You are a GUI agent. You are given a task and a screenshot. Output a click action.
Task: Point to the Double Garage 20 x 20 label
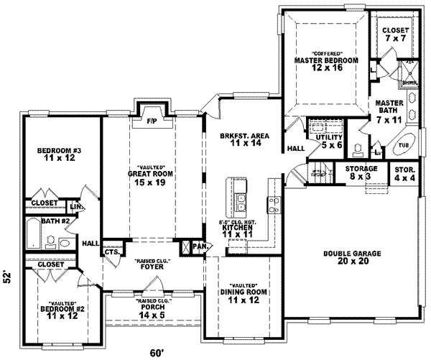coord(351,257)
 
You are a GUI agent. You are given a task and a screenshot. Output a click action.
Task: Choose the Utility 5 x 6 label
coord(333,141)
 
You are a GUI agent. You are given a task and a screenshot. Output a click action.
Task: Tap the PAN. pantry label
coord(199,246)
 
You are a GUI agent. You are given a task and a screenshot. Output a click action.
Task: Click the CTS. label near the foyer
coord(111,252)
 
